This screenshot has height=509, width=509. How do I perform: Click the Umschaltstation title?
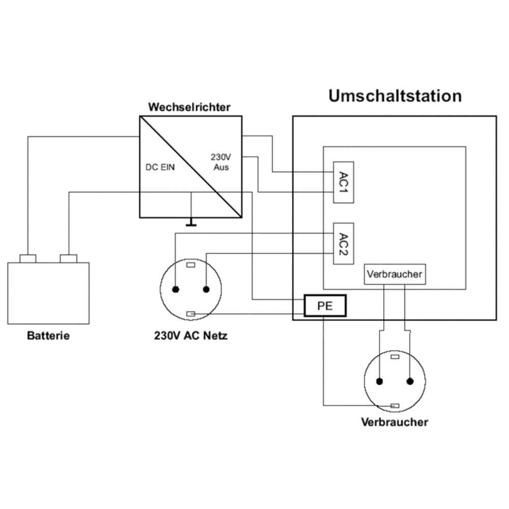(395, 96)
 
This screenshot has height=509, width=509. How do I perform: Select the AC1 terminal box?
(343, 182)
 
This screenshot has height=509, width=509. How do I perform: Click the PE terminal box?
(325, 306)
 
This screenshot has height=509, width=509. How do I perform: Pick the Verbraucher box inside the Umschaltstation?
(394, 274)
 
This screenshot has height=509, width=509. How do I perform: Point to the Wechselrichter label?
(189, 107)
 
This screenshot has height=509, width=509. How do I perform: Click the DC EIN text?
(160, 167)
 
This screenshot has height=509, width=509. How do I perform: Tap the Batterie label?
(48, 336)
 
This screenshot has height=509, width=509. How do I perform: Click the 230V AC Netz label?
(191, 336)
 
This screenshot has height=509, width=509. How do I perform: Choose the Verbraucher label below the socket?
(394, 422)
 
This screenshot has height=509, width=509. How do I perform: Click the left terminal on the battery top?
(28, 259)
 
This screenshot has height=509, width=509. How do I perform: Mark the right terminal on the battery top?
(68, 259)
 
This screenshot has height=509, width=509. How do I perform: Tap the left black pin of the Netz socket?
(176, 290)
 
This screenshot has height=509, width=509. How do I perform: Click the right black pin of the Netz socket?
(206, 290)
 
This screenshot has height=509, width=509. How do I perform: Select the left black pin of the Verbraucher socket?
(379, 381)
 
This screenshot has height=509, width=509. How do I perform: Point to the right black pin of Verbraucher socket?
(410, 381)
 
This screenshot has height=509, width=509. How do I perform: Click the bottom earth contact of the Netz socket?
(191, 314)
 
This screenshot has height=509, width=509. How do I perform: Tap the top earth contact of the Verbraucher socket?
(394, 357)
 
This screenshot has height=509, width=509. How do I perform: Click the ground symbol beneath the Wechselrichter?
(191, 222)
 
